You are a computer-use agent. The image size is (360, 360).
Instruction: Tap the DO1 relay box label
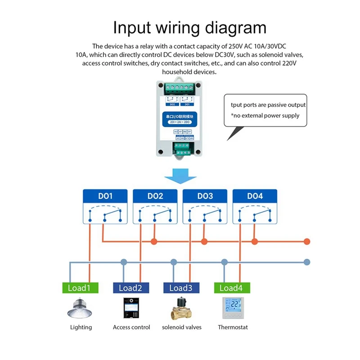coord(105,196)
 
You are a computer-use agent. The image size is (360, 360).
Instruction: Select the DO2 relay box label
coord(155,196)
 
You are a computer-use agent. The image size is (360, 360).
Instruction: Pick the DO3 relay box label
coord(205,196)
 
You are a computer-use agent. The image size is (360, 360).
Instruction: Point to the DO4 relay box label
coord(255,196)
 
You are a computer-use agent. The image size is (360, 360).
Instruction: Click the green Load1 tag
coord(80,288)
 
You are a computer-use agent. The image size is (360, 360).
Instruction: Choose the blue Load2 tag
coord(130,288)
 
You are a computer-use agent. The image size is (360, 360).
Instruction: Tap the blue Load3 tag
coord(181,288)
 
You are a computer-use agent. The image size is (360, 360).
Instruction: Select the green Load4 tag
coord(231,288)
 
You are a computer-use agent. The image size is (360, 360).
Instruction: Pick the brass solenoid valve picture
coord(181,309)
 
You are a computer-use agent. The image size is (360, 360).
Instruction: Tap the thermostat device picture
coord(232,308)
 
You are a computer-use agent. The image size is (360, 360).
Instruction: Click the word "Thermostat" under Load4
coord(233,327)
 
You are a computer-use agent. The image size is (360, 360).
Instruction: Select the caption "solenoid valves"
coord(182,327)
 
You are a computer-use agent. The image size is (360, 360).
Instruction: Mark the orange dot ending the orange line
coord(307,241)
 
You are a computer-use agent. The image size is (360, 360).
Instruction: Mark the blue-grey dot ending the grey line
coord(307,261)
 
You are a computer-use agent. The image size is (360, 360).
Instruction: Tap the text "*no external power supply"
coord(265,116)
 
